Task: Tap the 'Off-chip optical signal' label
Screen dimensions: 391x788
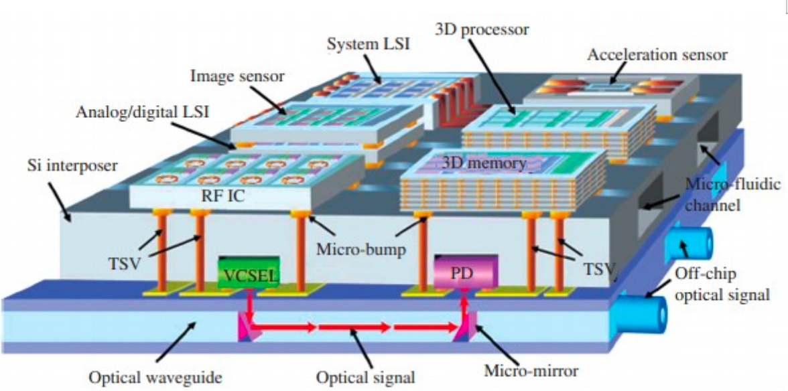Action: coord(724,283)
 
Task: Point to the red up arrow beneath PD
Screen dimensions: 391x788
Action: coord(462,307)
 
